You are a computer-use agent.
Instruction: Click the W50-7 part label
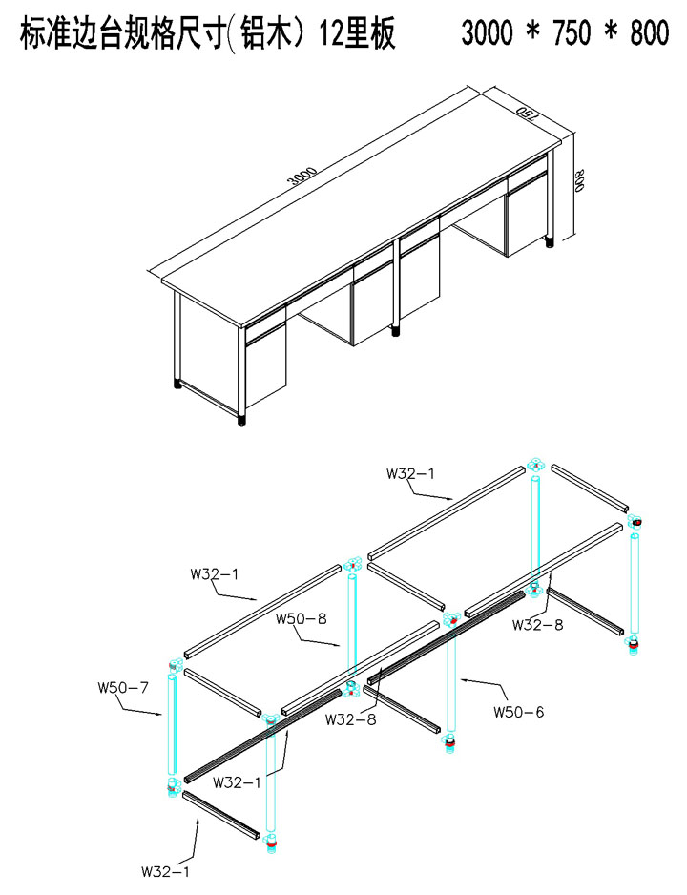tap(123, 688)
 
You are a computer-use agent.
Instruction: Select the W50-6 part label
tap(519, 712)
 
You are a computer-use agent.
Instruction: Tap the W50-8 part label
tap(302, 618)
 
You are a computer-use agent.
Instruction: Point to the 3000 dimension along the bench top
tap(302, 177)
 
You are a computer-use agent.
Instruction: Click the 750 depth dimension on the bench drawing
tap(526, 114)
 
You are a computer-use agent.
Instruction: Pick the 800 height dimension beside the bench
tap(581, 180)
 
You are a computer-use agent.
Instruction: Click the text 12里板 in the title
tap(357, 33)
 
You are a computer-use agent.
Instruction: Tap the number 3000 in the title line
tap(487, 33)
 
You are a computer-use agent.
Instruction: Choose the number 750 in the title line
tap(572, 33)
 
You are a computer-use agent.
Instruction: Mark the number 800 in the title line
tap(650, 33)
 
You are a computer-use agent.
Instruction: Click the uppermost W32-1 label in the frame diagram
tap(410, 474)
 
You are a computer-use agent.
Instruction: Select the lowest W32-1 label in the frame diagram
tap(165, 871)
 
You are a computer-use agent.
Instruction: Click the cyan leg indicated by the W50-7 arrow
tap(172, 724)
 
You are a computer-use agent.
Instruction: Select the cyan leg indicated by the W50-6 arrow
tap(451, 679)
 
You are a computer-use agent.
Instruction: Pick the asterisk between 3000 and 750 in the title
tap(533, 31)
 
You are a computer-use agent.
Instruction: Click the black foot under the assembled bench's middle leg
tap(395, 332)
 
